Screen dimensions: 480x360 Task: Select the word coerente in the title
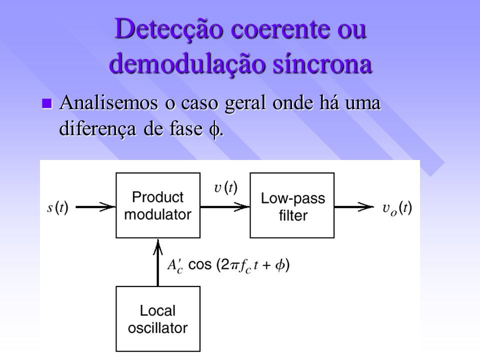click(281, 29)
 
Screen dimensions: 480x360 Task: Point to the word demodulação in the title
click(186, 65)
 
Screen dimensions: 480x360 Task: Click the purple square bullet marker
click(46, 103)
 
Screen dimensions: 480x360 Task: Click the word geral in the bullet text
click(245, 104)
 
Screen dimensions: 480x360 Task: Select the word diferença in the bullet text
click(97, 128)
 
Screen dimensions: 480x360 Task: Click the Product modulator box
click(158, 205)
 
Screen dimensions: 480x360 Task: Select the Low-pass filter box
click(292, 205)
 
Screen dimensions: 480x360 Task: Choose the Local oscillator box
click(158, 319)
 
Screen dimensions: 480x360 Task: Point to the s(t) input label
click(57, 208)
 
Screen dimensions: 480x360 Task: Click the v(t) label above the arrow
click(226, 187)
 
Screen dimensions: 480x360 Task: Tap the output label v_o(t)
click(397, 209)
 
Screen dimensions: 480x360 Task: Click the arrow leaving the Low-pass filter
click(354, 207)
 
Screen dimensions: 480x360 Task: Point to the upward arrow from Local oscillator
click(158, 262)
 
